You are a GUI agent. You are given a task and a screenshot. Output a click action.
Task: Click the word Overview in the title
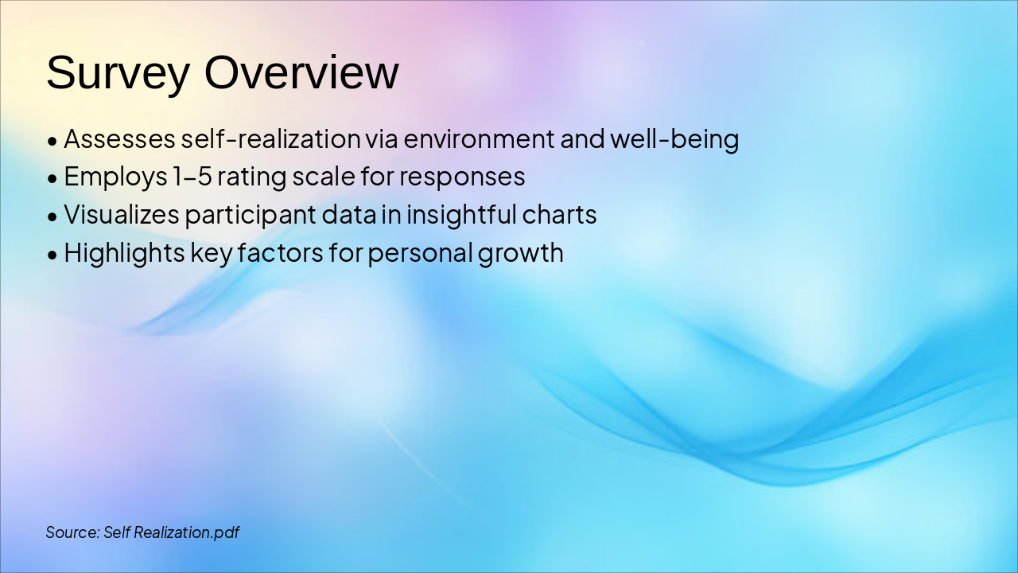[301, 73]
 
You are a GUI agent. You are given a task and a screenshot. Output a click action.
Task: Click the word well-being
[674, 139]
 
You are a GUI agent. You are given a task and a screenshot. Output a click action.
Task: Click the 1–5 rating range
[191, 177]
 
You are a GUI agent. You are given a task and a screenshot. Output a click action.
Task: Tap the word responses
[462, 177]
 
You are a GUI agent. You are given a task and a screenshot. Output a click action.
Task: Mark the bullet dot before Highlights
[52, 255]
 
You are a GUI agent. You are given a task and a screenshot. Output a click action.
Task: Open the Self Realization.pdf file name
[172, 532]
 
